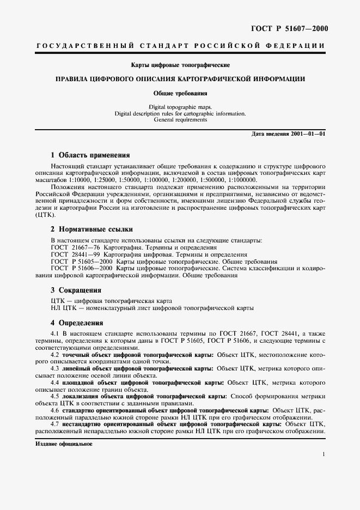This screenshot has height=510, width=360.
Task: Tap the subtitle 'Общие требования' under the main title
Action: coord(180,93)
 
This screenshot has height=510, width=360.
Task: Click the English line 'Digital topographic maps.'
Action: coord(180,108)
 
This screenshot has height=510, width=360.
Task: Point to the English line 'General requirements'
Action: coord(180,119)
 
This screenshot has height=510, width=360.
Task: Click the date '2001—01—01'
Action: coord(308,133)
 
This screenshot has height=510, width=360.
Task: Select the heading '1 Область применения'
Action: coord(90,155)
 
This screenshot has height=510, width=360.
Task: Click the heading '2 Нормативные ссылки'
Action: coord(91,229)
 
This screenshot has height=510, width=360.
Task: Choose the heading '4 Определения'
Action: coord(77,322)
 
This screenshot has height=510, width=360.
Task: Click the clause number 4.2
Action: coord(55,355)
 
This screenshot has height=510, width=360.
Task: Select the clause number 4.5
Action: coord(55,397)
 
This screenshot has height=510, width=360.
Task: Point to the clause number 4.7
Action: coord(55,424)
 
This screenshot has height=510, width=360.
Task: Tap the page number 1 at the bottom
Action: coord(324,454)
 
